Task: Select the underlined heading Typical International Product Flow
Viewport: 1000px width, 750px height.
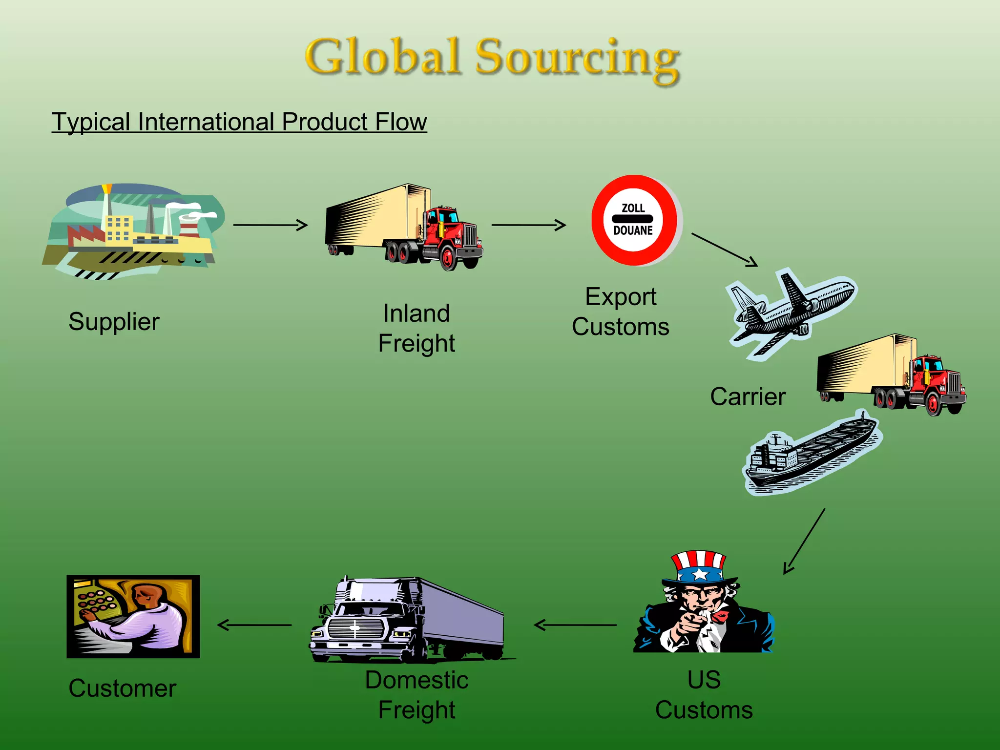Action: coord(239,122)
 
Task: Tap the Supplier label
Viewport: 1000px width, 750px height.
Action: coord(114,322)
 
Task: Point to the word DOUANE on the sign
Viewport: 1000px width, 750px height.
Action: coord(633,230)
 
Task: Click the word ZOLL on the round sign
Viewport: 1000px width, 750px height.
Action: coord(633,208)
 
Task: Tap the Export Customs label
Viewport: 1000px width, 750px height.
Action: coord(620,312)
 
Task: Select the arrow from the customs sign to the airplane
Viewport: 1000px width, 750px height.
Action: coord(725,250)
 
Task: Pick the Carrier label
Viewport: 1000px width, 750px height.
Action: coord(748,396)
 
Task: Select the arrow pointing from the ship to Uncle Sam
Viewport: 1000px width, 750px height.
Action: coord(805,541)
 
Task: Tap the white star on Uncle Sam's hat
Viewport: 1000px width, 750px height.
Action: coord(700,574)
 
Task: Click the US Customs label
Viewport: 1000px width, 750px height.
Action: coord(704,695)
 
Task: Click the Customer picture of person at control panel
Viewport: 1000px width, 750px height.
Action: coord(133,616)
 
